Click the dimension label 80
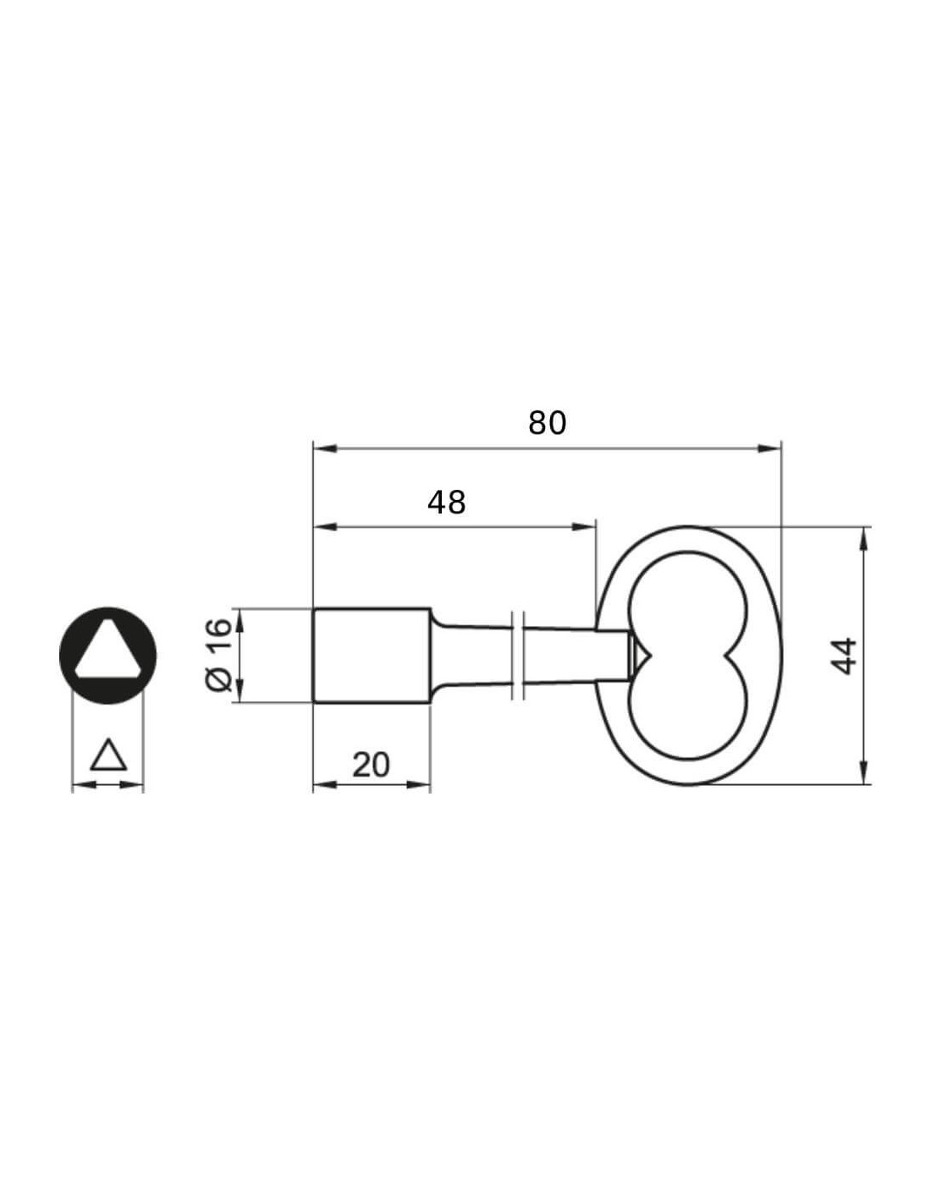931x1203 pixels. pos(548,423)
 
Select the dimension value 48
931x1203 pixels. pos(446,503)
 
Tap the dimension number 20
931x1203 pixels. pos(371,766)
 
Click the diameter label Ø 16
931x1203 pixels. pos(218,655)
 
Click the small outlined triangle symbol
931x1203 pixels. pos(109,755)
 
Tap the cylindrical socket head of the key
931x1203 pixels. pos(372,656)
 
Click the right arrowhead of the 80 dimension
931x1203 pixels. pos(769,448)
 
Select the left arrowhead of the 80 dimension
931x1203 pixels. pos(325,448)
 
